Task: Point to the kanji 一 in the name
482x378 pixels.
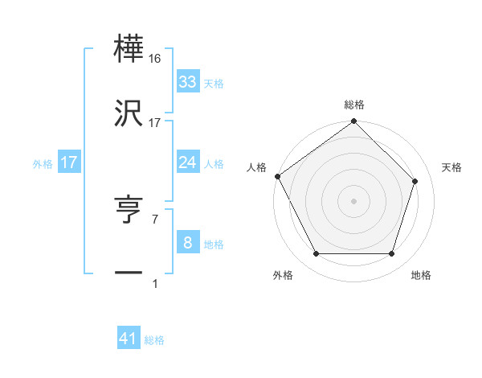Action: (x=129, y=274)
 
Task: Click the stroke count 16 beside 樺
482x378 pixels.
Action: (x=156, y=59)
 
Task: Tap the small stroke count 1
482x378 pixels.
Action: (x=154, y=283)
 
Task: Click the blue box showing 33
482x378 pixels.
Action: (x=187, y=82)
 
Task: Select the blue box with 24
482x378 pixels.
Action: (x=187, y=162)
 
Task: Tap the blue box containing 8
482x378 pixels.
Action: (x=187, y=243)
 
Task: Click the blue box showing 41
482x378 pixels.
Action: (x=129, y=339)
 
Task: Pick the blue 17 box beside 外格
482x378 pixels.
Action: (x=69, y=162)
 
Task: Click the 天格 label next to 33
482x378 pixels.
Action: (x=213, y=84)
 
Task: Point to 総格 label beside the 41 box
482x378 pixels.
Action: (x=154, y=340)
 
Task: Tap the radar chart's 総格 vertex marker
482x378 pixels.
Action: (x=353, y=121)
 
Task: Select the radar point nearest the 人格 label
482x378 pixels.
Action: (x=278, y=176)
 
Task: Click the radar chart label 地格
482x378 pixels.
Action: (x=421, y=275)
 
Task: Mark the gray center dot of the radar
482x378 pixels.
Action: (x=353, y=201)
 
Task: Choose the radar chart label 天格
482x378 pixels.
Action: (x=452, y=167)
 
